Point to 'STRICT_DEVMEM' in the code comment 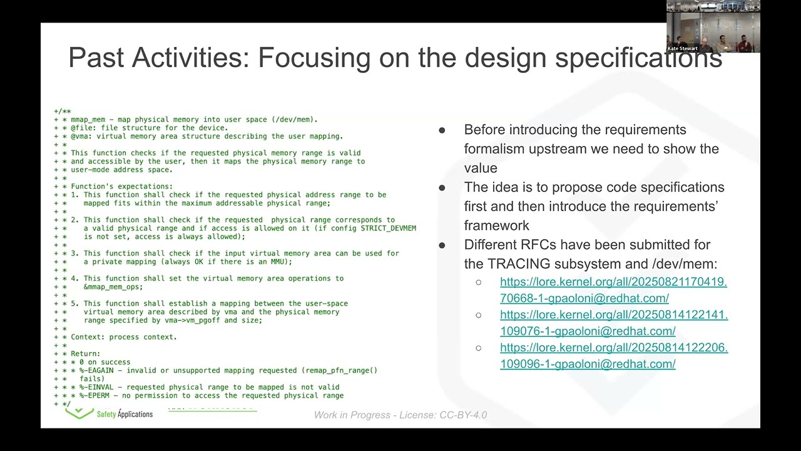point(388,229)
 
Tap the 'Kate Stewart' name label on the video point(682,48)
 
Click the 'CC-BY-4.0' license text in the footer point(463,415)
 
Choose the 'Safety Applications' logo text point(125,414)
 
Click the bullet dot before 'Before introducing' point(442,130)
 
